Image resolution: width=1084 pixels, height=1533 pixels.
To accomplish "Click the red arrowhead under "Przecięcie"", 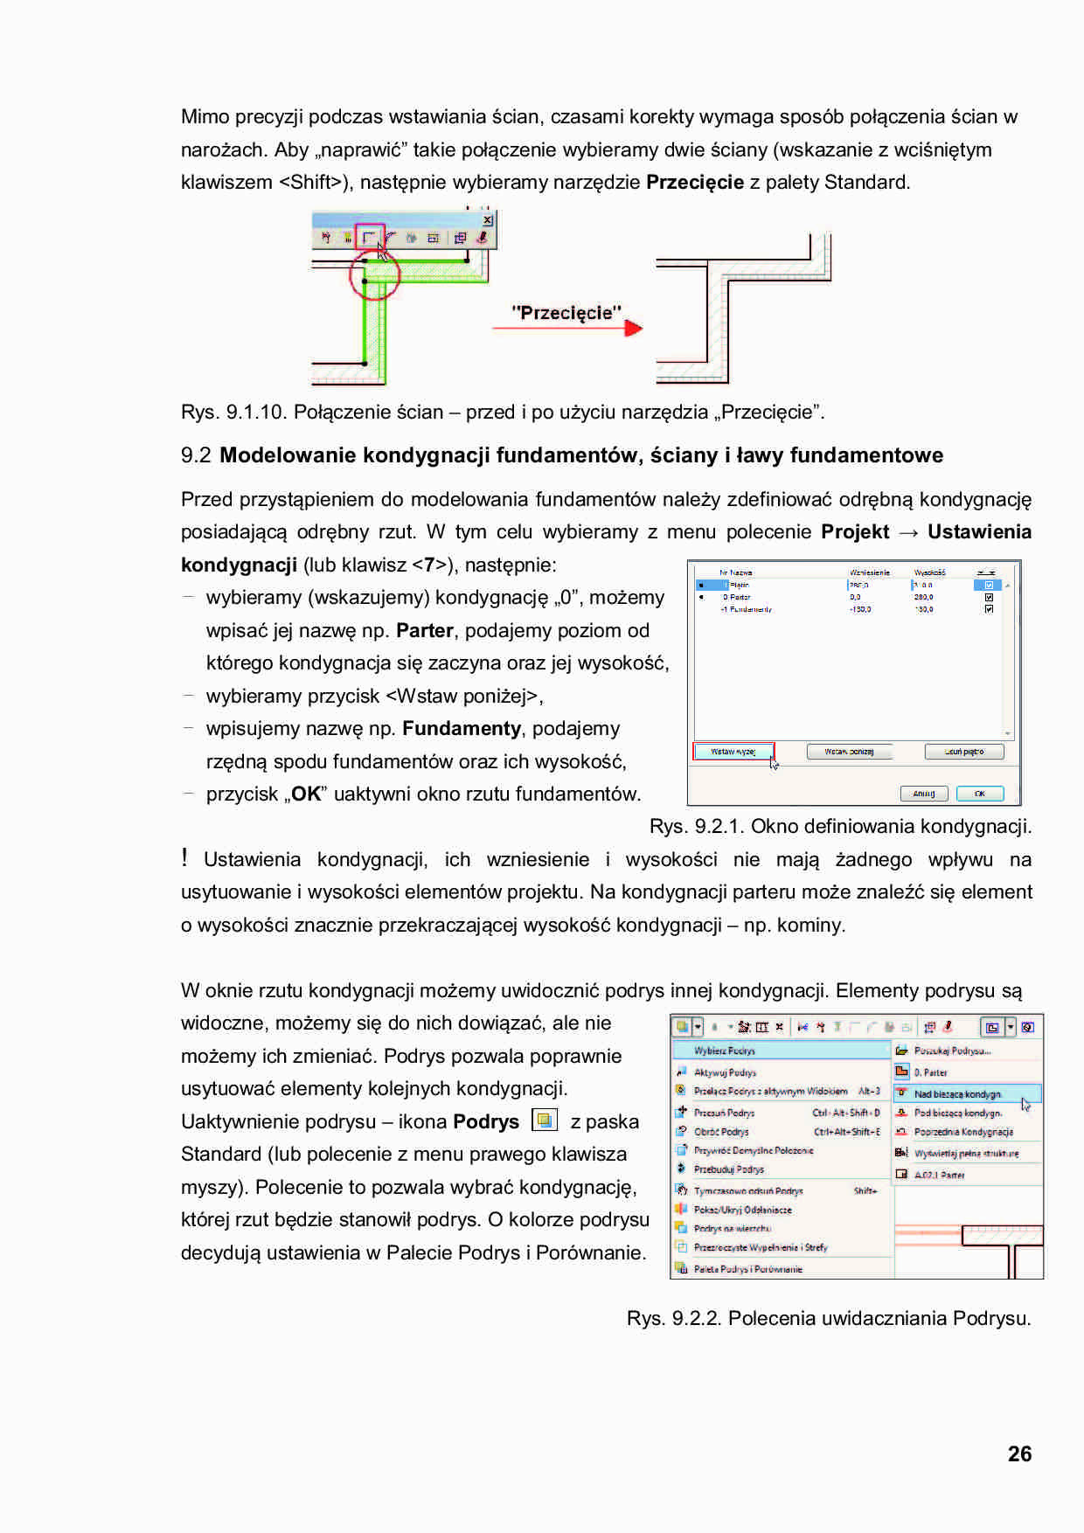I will [x=634, y=328].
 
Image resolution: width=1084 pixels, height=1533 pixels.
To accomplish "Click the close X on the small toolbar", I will [x=488, y=220].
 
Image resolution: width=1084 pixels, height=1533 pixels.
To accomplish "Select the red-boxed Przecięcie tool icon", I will [x=370, y=237].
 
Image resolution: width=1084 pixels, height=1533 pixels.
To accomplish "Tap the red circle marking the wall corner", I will [x=374, y=275].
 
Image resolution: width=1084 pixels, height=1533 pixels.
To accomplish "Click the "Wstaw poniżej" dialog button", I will [x=849, y=752].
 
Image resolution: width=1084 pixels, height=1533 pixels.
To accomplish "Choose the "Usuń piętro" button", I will [x=964, y=752].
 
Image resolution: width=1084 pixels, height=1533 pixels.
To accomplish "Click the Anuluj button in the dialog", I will [x=924, y=794].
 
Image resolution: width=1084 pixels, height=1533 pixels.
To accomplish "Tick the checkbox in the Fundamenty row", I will [x=989, y=609].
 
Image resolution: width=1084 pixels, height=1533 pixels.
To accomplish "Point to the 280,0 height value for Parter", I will [x=923, y=597].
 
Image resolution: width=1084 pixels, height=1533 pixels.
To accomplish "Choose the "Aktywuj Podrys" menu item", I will [x=725, y=1072].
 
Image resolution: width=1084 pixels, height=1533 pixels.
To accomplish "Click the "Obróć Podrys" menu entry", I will [x=721, y=1132].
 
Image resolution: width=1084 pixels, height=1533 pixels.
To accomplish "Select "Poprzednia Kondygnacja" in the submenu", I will [x=963, y=1132].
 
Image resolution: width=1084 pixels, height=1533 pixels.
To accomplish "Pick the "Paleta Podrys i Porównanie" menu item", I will [x=747, y=1269].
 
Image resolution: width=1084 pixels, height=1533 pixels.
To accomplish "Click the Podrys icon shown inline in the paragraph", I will [x=545, y=1120].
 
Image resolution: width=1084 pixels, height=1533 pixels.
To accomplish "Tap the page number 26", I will [x=1019, y=1454].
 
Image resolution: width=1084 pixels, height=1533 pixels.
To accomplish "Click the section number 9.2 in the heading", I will [x=196, y=455].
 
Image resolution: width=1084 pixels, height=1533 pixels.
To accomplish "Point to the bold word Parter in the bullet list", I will [x=425, y=631].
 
